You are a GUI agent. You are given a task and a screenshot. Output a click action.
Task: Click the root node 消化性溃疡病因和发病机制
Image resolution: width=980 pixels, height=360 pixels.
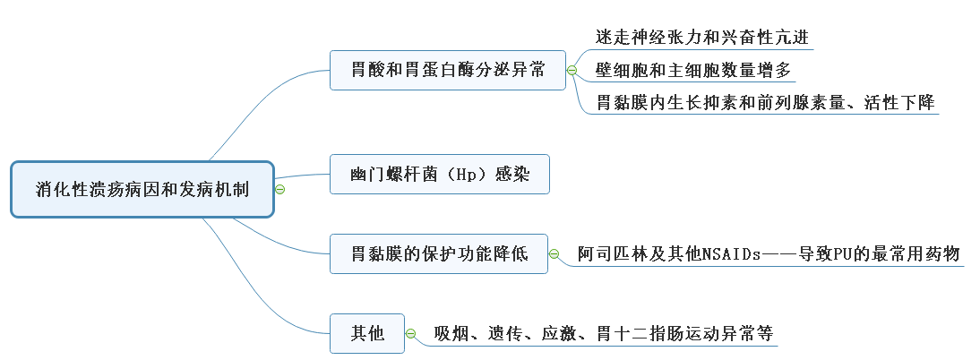pyautogui.click(x=142, y=189)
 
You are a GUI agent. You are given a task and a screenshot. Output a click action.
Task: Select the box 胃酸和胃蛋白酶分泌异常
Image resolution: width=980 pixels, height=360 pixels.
pyautogui.click(x=448, y=70)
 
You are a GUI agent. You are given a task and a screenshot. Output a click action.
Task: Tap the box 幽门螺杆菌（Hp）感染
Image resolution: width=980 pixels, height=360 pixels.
pyautogui.click(x=439, y=174)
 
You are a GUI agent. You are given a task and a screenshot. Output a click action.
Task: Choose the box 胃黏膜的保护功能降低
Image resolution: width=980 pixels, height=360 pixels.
pyautogui.click(x=439, y=254)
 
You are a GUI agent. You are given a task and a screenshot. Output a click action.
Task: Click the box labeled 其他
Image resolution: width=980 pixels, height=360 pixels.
pyautogui.click(x=367, y=334)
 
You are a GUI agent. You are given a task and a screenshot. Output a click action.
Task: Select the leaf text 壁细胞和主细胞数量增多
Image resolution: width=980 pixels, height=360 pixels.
pyautogui.click(x=693, y=70)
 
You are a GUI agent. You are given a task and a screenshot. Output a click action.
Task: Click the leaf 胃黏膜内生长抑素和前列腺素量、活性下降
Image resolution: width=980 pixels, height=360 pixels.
pyautogui.click(x=766, y=102)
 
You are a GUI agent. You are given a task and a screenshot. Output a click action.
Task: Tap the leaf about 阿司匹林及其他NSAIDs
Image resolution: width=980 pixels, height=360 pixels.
pyautogui.click(x=769, y=254)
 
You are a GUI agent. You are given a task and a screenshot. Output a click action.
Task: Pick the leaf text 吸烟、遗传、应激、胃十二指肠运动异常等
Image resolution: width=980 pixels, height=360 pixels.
pyautogui.click(x=603, y=334)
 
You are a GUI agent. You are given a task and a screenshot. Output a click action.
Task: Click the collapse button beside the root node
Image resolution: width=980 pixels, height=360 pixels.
pyautogui.click(x=280, y=189)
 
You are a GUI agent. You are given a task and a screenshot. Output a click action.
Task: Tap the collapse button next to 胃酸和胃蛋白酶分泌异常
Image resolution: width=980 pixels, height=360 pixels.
pyautogui.click(x=572, y=70)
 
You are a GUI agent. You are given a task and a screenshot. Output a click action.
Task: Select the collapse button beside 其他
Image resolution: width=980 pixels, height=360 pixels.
pyautogui.click(x=411, y=334)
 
